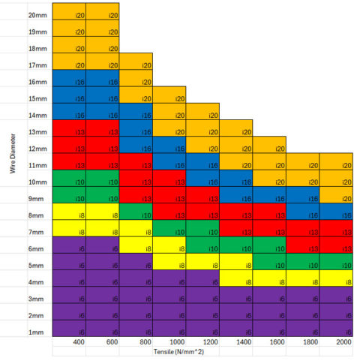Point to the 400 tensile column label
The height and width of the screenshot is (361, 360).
pos(76,342)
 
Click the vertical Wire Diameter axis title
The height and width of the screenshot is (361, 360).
pos(13,155)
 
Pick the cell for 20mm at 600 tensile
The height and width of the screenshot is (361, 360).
pos(102,15)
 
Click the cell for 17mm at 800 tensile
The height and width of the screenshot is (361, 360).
pos(136,65)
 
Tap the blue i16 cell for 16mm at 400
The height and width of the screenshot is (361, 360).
pos(69,82)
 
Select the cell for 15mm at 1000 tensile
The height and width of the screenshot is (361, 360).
pos(169,98)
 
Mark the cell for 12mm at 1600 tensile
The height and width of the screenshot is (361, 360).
pos(269,148)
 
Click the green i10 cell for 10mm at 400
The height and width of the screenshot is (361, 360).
pos(69,182)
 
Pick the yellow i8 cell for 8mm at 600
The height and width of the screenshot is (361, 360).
pos(102,215)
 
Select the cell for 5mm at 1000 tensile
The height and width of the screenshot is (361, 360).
pos(169,265)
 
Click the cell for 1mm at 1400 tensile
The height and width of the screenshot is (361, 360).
pos(235,331)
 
